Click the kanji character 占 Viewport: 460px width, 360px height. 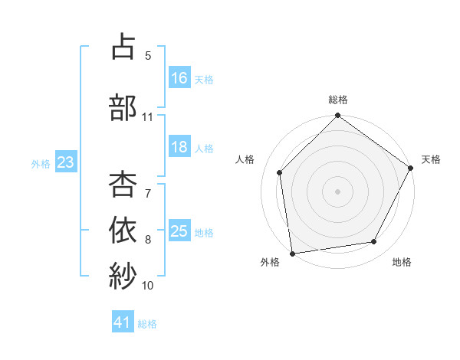(123, 47)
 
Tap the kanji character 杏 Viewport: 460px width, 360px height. (123, 184)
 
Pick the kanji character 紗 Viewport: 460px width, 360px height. (123, 274)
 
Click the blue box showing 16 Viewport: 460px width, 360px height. (179, 78)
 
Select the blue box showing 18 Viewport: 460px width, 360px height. (179, 147)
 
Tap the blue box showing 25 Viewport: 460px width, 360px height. (179, 231)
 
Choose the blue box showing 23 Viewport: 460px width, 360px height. (65, 162)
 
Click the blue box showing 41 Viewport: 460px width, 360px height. (123, 323)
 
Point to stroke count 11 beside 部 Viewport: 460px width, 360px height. (148, 117)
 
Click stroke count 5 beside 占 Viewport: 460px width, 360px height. (148, 56)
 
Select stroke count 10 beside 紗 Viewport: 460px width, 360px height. (148, 286)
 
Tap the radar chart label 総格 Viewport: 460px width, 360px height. (338, 100)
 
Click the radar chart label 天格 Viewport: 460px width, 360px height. (431, 159)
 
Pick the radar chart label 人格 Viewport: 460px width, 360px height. (245, 159)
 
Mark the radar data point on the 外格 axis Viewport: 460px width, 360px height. (292, 253)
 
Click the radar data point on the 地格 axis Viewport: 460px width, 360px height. (374, 241)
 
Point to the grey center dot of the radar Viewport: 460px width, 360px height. (337, 191)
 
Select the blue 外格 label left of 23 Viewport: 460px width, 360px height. (41, 163)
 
